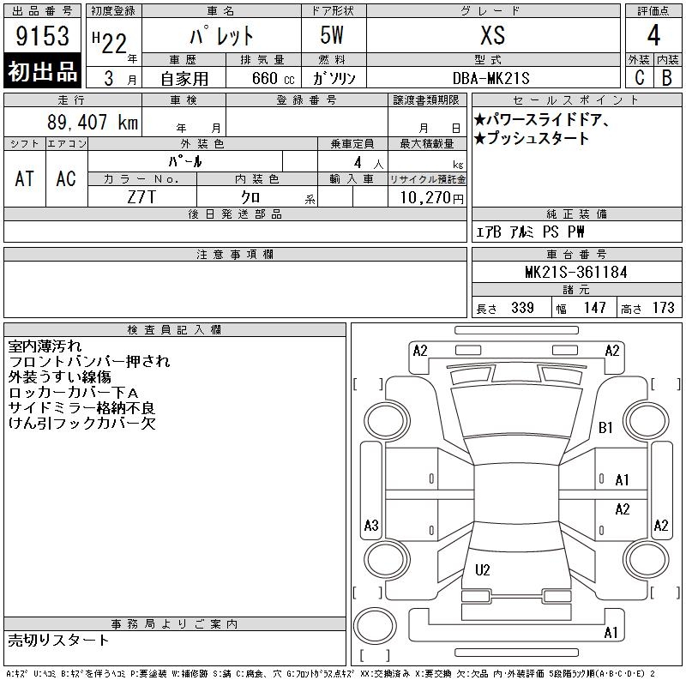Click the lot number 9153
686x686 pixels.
[42, 36]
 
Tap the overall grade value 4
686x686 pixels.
[653, 35]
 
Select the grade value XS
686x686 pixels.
[493, 35]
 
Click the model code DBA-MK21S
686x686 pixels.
[490, 78]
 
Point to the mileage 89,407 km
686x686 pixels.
[93, 122]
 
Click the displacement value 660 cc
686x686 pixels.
[273, 78]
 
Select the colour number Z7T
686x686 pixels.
[141, 197]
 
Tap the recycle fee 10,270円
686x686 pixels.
[431, 198]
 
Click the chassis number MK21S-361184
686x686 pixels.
[575, 272]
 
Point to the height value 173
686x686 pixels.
[663, 308]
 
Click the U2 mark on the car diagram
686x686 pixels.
[482, 569]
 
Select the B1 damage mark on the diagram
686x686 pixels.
[605, 427]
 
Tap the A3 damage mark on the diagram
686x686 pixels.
[371, 525]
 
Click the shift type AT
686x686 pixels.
[25, 178]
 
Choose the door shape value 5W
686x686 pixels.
[332, 35]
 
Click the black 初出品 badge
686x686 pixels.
[42, 71]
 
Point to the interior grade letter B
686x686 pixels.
[667, 78]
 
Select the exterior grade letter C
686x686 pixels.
[639, 78]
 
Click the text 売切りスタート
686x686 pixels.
[58, 640]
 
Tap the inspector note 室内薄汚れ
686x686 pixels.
[45, 346]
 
